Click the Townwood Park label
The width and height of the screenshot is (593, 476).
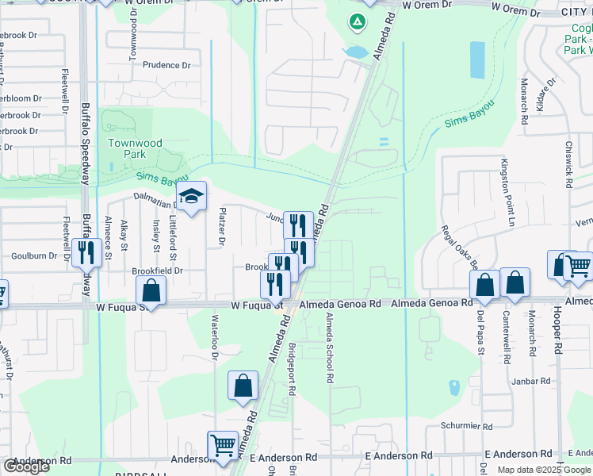click(x=135, y=148)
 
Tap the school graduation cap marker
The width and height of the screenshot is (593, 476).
click(x=191, y=197)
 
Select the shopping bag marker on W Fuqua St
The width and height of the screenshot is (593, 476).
click(x=151, y=290)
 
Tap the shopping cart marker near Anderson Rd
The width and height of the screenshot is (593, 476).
click(x=223, y=445)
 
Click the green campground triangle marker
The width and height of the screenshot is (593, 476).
click(x=358, y=21)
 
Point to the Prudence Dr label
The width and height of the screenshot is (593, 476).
click(x=167, y=66)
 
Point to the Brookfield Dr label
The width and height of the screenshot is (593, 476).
click(x=157, y=271)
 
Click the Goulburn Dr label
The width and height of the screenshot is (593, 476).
click(x=35, y=256)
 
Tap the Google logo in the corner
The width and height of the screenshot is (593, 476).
click(x=26, y=466)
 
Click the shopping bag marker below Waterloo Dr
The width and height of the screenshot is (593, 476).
click(x=243, y=386)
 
